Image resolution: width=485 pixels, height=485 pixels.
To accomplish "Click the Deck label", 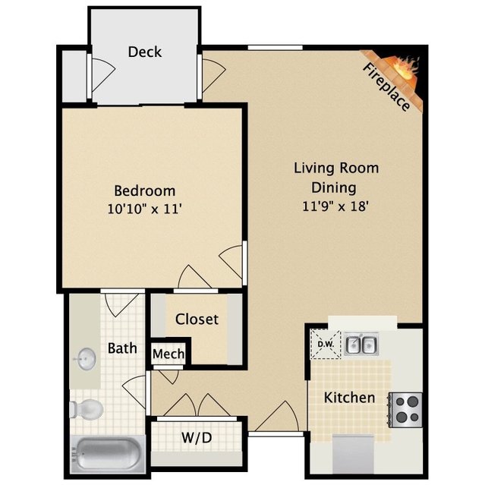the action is pyautogui.click(x=145, y=52).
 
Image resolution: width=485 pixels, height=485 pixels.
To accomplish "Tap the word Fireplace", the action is pyautogui.click(x=386, y=87).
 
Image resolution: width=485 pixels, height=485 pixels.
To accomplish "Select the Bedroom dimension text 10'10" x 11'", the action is pyautogui.click(x=144, y=209).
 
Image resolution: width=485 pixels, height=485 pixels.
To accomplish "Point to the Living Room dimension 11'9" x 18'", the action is pyautogui.click(x=336, y=206).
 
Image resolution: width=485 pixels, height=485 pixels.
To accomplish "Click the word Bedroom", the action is pyautogui.click(x=145, y=191).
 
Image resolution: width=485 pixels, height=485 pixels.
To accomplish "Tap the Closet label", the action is pyautogui.click(x=197, y=320).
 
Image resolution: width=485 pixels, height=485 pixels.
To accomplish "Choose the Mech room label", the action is pyautogui.click(x=168, y=354).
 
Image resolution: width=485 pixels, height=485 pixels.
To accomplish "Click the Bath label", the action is pyautogui.click(x=122, y=348).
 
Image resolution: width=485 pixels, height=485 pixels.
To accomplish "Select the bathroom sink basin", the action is pyautogui.click(x=86, y=359).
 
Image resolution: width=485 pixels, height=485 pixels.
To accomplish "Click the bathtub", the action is pyautogui.click(x=107, y=453).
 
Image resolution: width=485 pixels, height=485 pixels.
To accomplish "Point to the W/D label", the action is pyautogui.click(x=197, y=438).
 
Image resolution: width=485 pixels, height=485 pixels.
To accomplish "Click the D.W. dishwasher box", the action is pyautogui.click(x=326, y=345).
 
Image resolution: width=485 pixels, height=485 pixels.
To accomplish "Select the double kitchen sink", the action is pyautogui.click(x=361, y=344).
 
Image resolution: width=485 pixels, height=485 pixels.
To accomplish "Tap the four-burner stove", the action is pyautogui.click(x=405, y=410).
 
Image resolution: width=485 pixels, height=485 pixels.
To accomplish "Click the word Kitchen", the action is pyautogui.click(x=350, y=398).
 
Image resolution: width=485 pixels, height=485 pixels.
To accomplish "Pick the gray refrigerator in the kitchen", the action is pyautogui.click(x=353, y=453).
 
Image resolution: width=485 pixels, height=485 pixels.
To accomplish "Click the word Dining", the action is pyautogui.click(x=334, y=187).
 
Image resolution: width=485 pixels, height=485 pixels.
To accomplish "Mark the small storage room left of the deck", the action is pyautogui.click(x=74, y=76).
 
